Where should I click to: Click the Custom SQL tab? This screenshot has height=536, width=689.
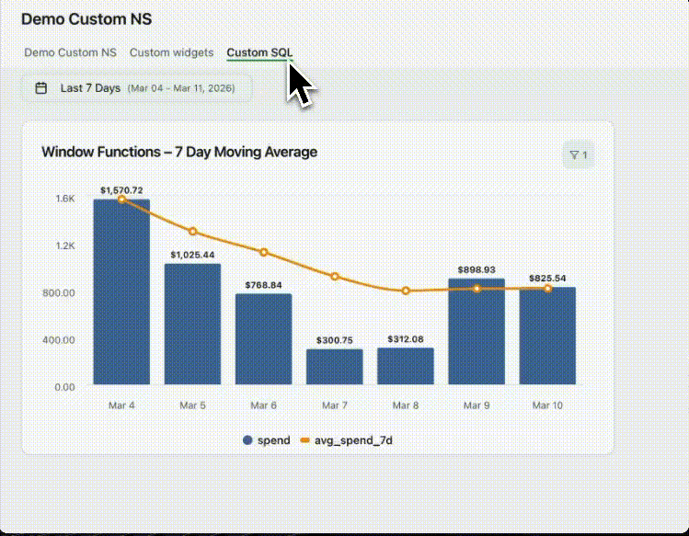(259, 52)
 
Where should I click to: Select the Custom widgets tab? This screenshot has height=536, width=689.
(171, 52)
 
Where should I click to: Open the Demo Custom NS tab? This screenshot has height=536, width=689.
(70, 52)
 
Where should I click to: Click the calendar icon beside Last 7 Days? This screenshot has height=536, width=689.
(41, 88)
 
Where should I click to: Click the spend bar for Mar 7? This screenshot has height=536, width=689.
(335, 367)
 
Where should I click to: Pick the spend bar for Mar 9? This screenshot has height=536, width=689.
(477, 332)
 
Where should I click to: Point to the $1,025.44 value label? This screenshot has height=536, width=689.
(192, 255)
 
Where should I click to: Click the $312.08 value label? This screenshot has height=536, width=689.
(406, 339)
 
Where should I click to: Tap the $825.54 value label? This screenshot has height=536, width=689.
(547, 278)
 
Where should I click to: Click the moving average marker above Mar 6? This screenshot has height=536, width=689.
(264, 252)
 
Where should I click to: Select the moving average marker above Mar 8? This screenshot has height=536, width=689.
(406, 291)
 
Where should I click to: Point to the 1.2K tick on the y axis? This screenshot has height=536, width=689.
(64, 245)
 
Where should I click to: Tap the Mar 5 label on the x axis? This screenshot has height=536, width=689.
(192, 405)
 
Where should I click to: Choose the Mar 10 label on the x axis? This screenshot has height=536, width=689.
(547, 405)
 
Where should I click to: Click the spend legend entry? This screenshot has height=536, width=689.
(266, 440)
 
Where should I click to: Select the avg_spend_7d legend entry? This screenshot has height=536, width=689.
(347, 440)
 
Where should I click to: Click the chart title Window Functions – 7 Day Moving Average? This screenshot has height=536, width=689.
(179, 152)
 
